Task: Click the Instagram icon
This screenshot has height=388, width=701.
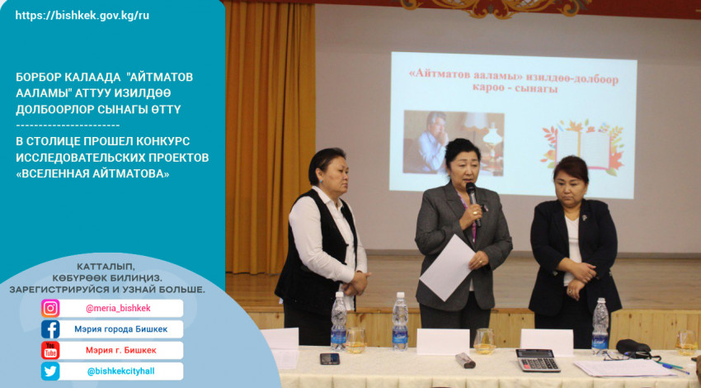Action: point(50,309)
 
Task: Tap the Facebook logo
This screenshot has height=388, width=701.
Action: point(50,329)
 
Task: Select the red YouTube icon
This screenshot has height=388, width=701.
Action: point(50,350)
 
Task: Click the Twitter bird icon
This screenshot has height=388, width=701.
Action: point(50,371)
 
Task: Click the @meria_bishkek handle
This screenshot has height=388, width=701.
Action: point(118,309)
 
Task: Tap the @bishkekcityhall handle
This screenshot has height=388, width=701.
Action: point(120,371)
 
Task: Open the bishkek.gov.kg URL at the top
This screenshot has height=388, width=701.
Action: point(82,16)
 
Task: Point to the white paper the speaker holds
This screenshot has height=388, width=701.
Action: point(447,267)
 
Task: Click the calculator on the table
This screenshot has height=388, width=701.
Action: point(538,360)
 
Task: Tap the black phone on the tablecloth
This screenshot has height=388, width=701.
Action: point(330,358)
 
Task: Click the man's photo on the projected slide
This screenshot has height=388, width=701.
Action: point(454,143)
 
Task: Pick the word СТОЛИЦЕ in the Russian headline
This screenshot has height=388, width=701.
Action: point(56,141)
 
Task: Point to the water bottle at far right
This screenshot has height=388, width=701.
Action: point(600,327)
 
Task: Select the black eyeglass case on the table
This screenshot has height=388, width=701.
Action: point(633,347)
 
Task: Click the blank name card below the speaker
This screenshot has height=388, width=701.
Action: point(443,343)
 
